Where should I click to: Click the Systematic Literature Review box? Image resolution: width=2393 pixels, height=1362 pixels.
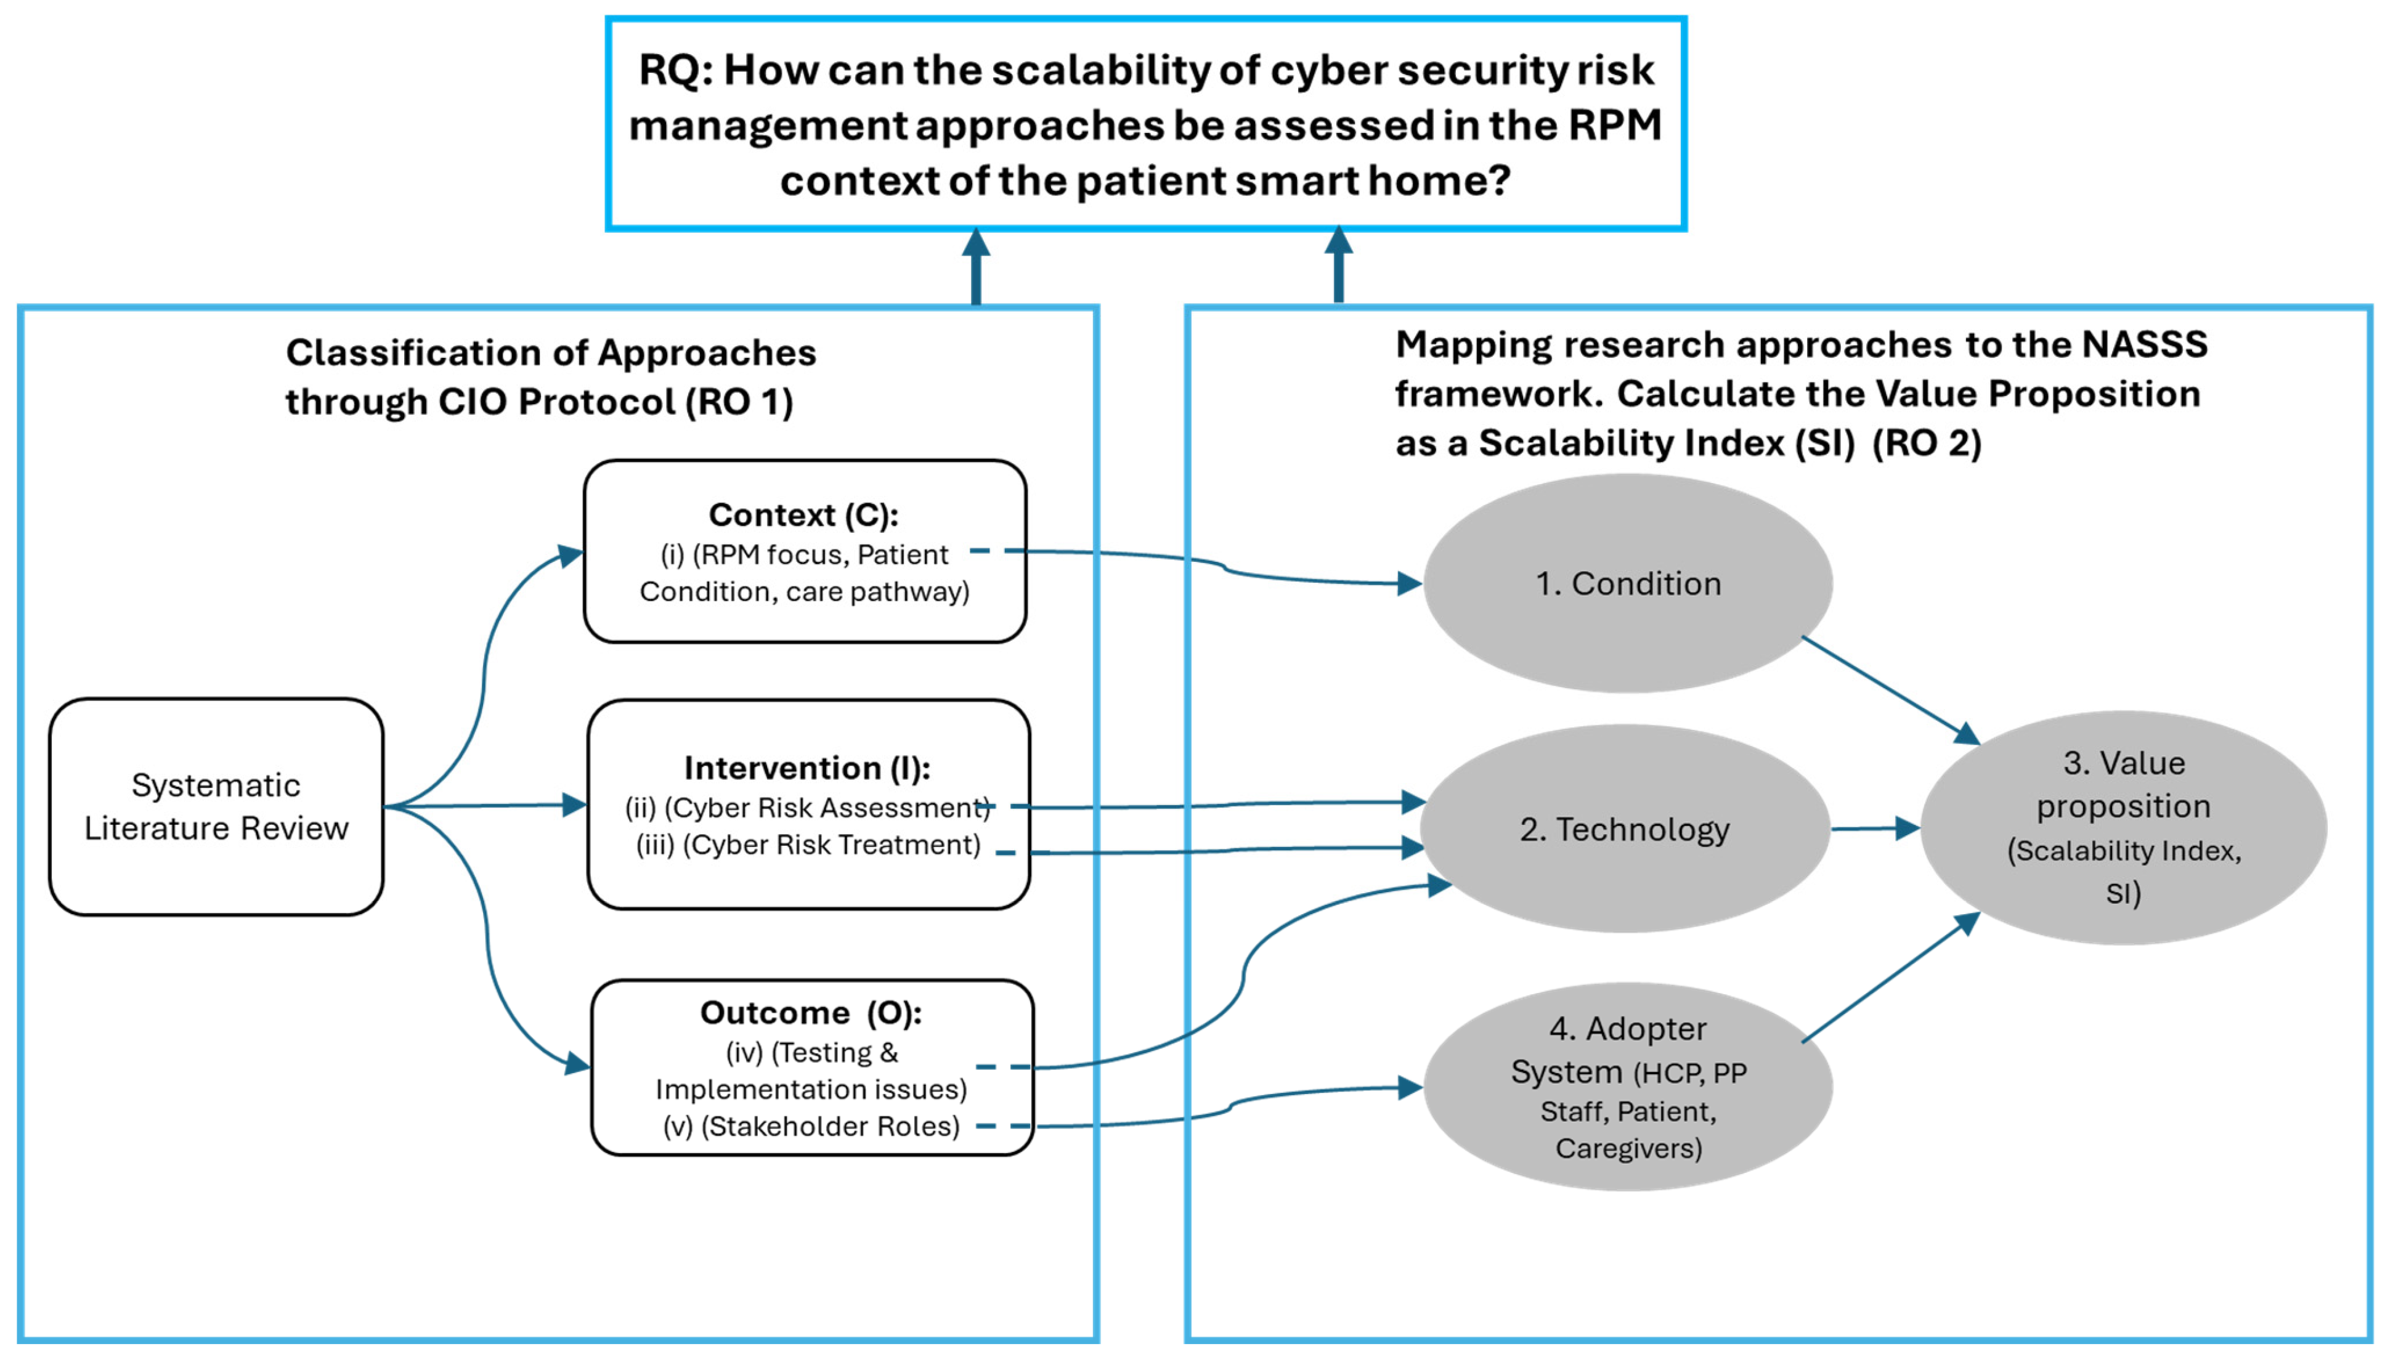click(x=216, y=806)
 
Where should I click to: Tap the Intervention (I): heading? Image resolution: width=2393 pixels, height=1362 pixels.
click(x=807, y=768)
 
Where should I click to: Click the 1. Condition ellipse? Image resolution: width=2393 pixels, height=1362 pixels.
click(x=1628, y=584)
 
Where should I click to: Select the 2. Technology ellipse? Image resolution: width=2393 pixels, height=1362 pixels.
click(x=1625, y=829)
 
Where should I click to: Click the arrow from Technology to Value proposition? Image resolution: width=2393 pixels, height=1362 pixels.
click(x=1874, y=828)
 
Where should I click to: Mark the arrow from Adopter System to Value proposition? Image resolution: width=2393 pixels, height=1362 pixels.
click(x=1890, y=978)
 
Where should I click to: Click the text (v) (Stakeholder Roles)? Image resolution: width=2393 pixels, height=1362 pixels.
click(x=811, y=1126)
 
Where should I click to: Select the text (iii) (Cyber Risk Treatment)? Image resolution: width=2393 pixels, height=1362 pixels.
click(x=808, y=845)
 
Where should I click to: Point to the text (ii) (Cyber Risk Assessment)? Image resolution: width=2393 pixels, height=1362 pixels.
click(x=806, y=808)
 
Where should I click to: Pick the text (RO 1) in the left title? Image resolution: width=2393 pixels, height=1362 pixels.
click(x=739, y=402)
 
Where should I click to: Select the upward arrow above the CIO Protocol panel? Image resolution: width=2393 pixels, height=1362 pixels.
click(x=976, y=267)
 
